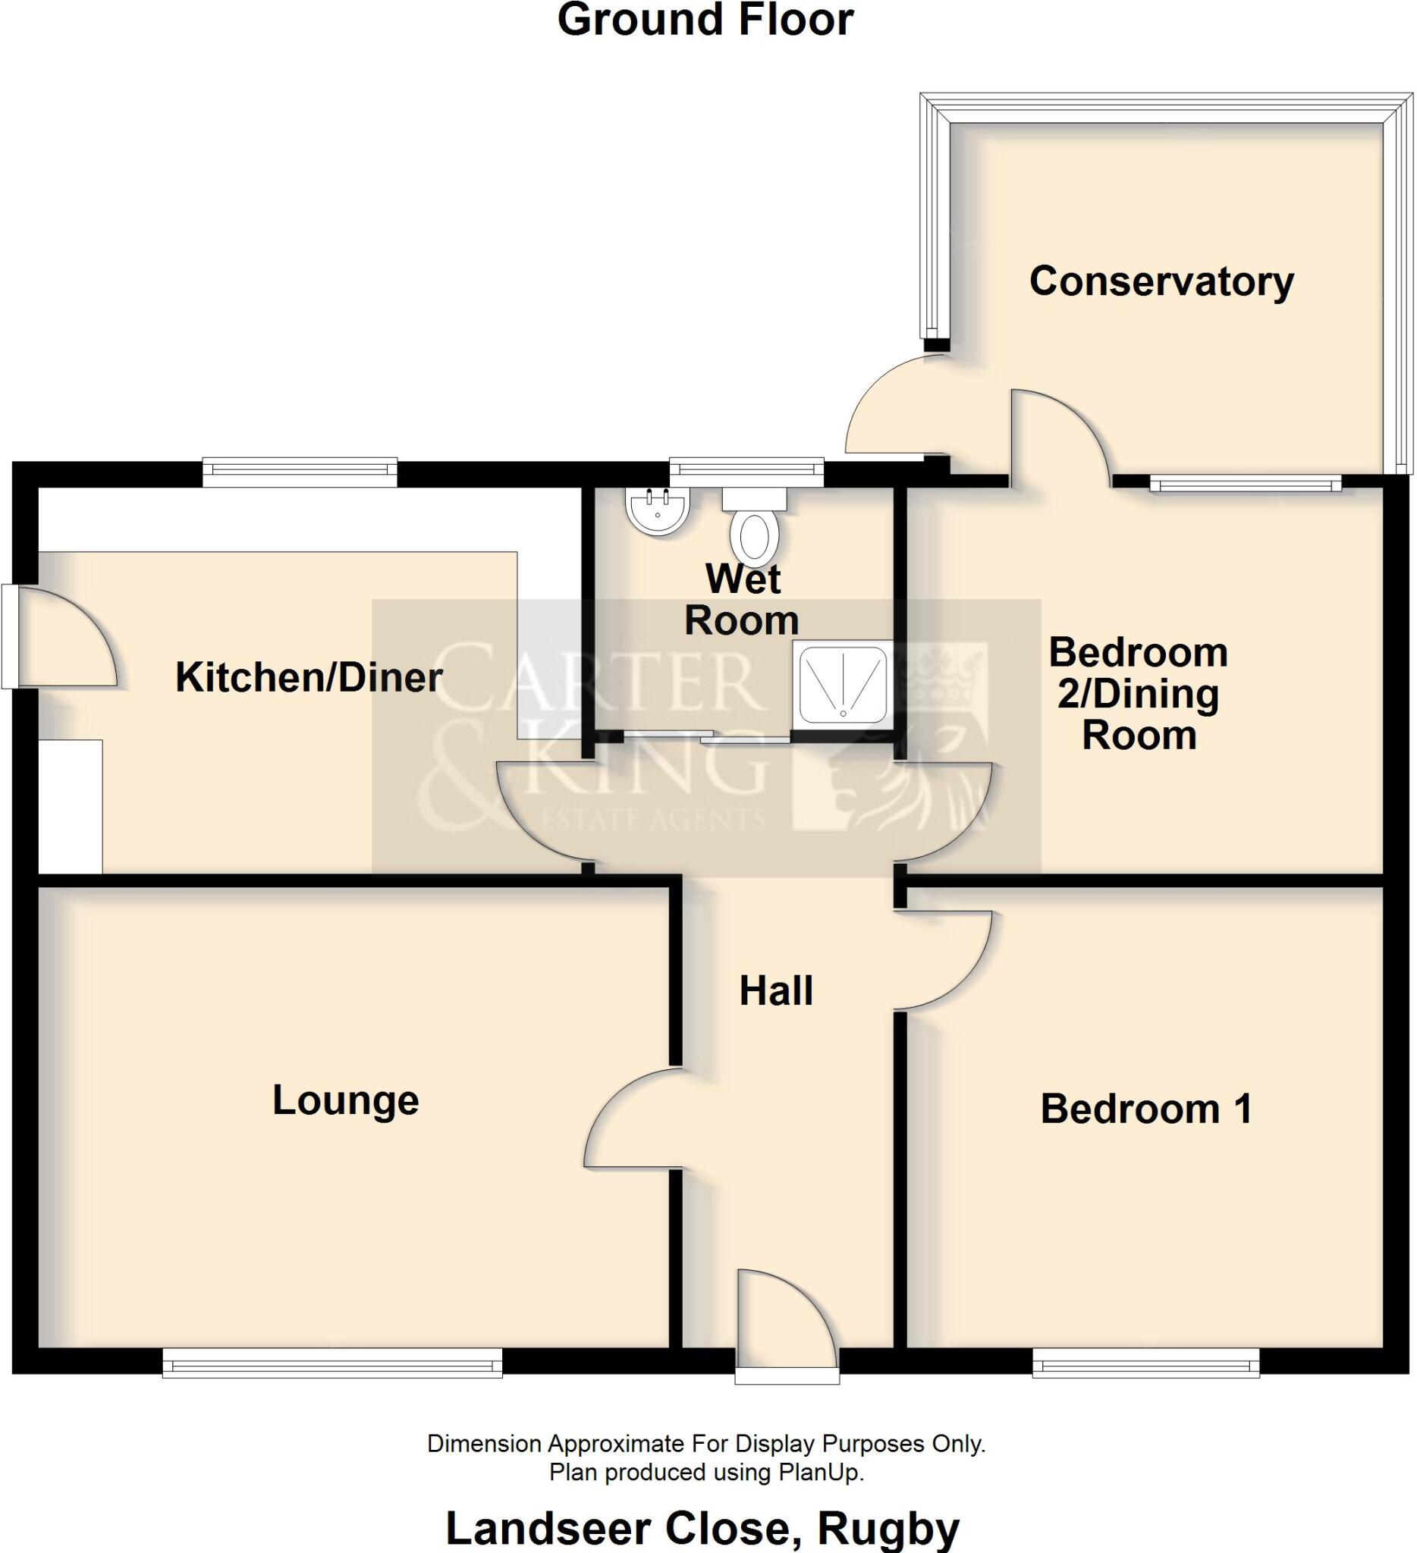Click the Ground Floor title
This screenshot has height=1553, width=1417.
pos(704,20)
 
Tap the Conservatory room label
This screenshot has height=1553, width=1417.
pos(1161,281)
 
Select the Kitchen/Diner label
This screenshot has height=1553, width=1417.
pos(308,678)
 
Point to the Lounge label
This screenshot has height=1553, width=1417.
pos(345,1100)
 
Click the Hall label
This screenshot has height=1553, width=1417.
pos(776,991)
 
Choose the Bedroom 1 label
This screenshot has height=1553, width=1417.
pos(1145,1109)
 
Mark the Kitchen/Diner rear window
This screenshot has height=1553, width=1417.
pos(300,472)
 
